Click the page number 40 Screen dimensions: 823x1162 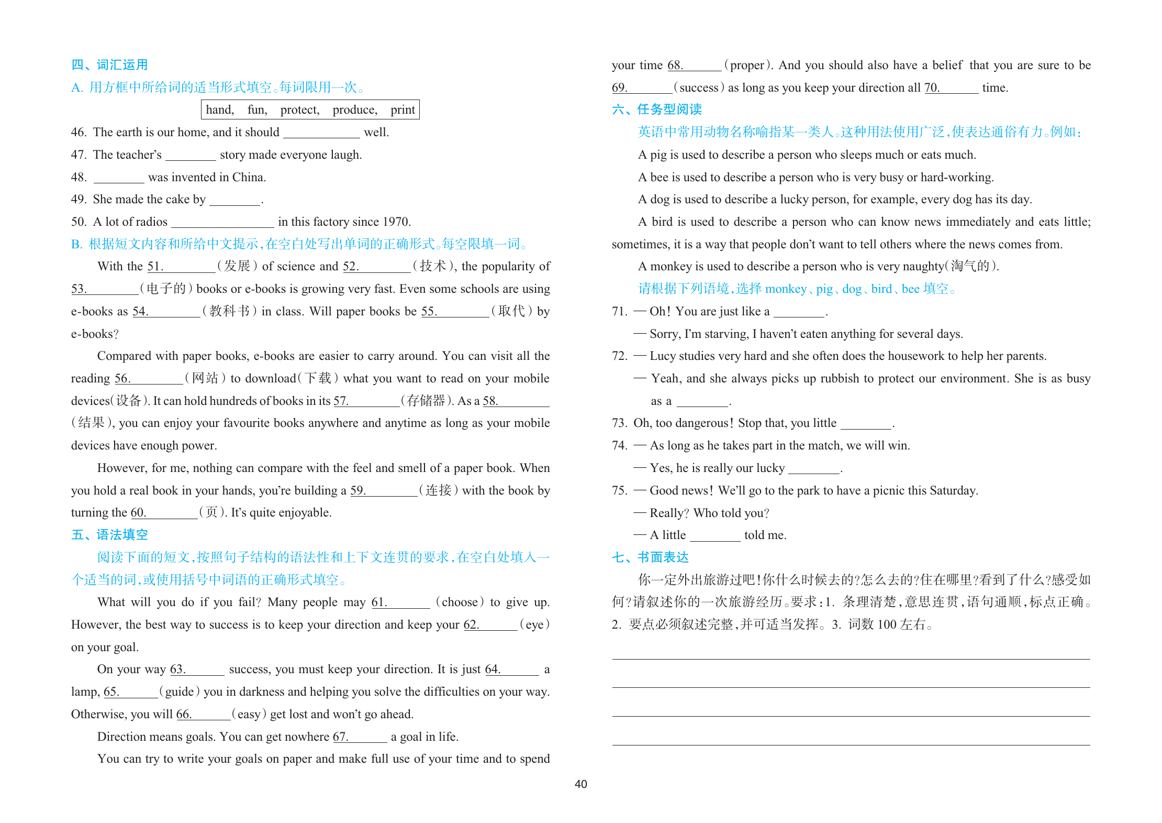580,784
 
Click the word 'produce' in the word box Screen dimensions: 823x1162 354,109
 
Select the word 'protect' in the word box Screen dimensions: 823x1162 299,109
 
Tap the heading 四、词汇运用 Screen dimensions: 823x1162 109,64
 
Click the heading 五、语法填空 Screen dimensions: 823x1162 109,534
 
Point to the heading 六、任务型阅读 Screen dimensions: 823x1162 656,109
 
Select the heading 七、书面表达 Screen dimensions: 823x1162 650,557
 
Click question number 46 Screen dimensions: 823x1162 79,132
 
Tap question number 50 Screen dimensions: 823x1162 79,222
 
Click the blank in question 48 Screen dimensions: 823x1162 119,178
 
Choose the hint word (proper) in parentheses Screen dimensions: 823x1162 747,65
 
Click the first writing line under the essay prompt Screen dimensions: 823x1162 851,658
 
